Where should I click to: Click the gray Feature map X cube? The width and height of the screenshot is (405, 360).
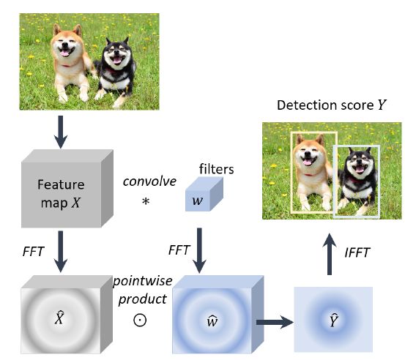point(67,189)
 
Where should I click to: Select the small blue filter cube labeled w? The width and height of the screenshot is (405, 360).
point(204,194)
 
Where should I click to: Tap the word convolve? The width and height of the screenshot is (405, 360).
point(149,181)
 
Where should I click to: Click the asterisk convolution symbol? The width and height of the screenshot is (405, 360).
point(146,201)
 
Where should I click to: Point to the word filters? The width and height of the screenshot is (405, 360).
point(217,169)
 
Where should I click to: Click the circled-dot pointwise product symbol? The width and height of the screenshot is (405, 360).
point(140,320)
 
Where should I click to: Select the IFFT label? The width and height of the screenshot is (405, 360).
point(357,252)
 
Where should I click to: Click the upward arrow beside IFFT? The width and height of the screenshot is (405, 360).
point(330,254)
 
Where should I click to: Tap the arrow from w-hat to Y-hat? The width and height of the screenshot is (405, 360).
point(275,323)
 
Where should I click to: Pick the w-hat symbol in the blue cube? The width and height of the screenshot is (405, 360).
point(212,320)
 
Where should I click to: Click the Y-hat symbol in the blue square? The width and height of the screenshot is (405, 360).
point(333,320)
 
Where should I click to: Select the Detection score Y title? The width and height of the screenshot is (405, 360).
point(331,105)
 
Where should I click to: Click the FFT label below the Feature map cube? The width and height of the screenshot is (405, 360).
point(34,252)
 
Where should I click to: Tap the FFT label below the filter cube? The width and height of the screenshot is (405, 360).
point(179,250)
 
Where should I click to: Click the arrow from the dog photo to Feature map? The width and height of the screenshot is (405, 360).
point(61,132)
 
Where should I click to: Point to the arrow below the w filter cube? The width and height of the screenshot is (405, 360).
point(199,250)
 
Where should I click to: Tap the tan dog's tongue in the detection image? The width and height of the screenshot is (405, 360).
point(307,162)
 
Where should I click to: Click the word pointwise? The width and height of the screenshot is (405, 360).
point(143,281)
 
